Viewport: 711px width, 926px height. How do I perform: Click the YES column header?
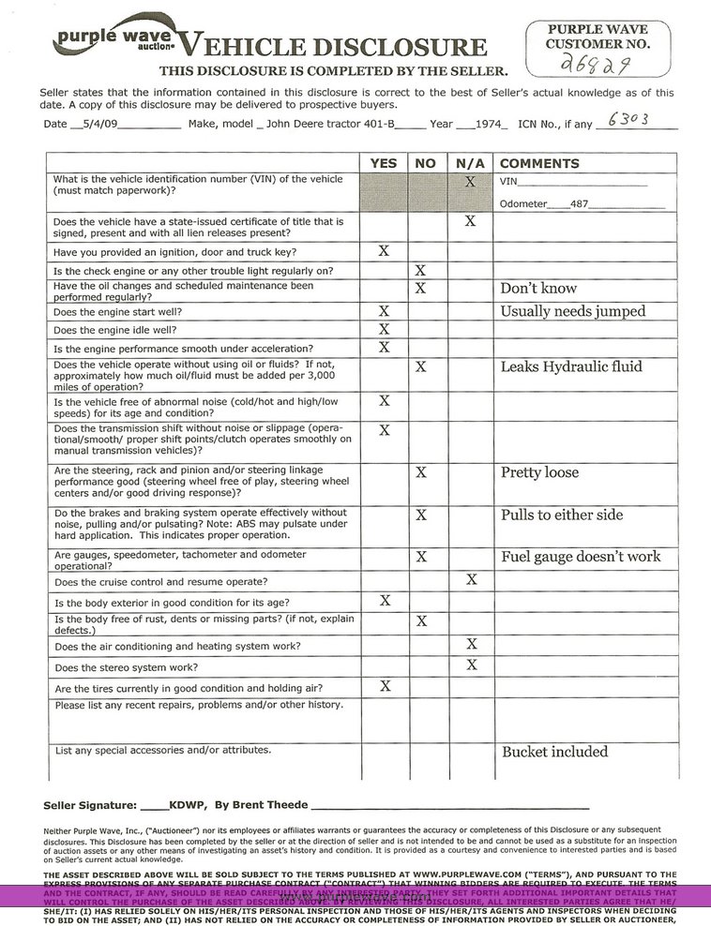coord(384,163)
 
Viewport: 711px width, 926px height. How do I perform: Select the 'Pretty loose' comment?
coord(539,472)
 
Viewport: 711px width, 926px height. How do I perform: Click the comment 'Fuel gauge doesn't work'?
coord(594,557)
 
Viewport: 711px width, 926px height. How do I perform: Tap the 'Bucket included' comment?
coord(555,752)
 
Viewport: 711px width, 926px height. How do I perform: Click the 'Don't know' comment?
coord(538,289)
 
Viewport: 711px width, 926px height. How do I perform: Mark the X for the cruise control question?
coord(471,580)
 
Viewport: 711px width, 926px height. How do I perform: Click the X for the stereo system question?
coord(471,665)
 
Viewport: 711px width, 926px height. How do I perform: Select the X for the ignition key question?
coord(384,250)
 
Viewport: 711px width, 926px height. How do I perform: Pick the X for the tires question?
coord(384,686)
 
